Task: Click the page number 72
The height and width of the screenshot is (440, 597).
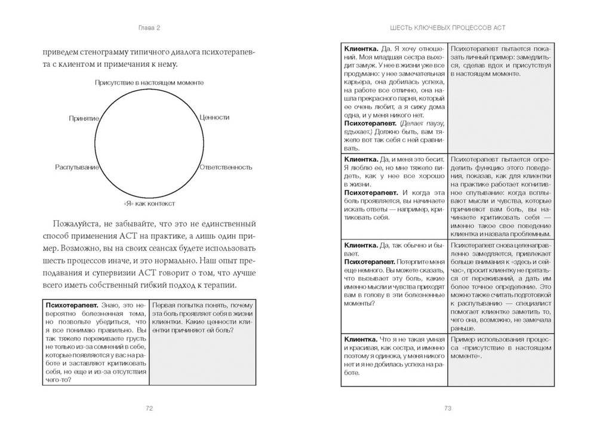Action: (149, 408)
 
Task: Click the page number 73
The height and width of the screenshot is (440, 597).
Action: (447, 408)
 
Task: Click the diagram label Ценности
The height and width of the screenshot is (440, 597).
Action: (214, 118)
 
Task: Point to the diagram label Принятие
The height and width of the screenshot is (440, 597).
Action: (84, 119)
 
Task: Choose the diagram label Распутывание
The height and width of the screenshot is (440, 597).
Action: (76, 167)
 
